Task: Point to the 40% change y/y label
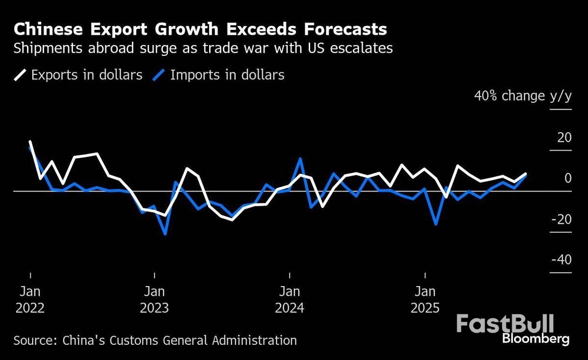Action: pos(522,96)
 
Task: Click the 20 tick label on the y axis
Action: pos(564,138)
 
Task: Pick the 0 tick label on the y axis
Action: pos(567,178)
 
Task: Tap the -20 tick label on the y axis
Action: pos(561,219)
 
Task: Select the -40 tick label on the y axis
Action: pos(561,260)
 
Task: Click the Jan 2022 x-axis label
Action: pos(30,300)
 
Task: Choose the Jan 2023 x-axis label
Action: pos(154,300)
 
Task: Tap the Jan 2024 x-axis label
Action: pos(290,300)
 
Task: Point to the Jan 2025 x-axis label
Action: pos(425,300)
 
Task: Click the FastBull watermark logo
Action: pos(505,324)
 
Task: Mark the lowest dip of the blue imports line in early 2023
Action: pos(166,234)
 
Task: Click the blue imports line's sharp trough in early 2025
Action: pos(436,224)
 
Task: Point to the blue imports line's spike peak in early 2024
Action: pos(300,159)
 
